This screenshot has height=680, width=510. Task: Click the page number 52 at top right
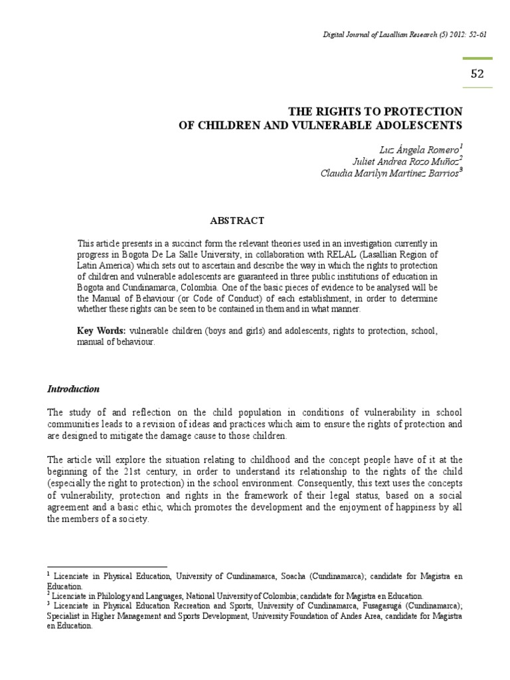[477, 74]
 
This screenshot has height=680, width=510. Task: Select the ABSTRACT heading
[237, 220]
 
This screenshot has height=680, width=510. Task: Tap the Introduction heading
[73, 388]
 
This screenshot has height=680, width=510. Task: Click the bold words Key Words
[101, 330]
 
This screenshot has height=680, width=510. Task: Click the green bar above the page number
[477, 58]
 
